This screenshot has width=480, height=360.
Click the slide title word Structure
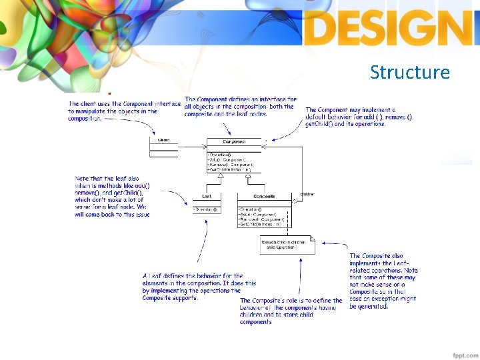(410, 72)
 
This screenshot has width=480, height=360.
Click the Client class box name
(163, 140)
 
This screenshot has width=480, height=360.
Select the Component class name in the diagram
(233, 142)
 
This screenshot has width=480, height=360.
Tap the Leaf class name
(207, 197)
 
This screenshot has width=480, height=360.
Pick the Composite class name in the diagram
(264, 197)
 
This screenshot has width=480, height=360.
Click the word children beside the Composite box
(307, 194)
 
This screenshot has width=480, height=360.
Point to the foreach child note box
(283, 245)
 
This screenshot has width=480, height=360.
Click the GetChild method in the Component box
(229, 170)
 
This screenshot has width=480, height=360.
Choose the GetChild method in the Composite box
(261, 225)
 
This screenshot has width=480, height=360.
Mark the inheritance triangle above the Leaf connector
(211, 175)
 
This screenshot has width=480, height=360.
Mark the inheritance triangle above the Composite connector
(238, 175)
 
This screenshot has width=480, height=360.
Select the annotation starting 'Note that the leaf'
(112, 196)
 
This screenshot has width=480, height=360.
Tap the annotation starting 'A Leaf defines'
(199, 287)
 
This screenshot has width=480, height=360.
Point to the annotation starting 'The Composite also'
(383, 281)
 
